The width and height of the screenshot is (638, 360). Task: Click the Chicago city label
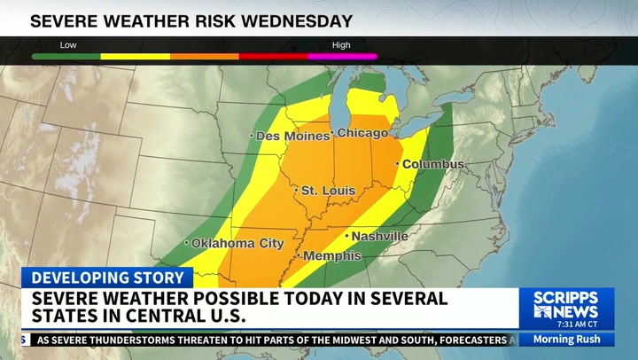point(362,134)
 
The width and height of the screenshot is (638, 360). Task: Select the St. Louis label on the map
point(328,191)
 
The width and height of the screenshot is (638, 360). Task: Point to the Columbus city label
point(433,165)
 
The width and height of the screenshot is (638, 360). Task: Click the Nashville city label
point(379,237)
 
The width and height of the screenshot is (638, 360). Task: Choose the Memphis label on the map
point(331,256)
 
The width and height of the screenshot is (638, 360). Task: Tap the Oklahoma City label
point(237,243)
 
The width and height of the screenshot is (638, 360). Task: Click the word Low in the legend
point(68,45)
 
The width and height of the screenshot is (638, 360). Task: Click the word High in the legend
point(341,45)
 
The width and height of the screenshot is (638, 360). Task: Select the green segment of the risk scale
point(66,57)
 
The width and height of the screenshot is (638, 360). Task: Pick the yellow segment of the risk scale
point(136,57)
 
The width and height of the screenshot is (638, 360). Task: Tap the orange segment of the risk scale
point(205,57)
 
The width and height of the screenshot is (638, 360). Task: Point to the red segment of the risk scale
point(274,57)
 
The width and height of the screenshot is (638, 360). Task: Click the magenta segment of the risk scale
point(343,57)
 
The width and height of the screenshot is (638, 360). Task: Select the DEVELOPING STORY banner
point(106,278)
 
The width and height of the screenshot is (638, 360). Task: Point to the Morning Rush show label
point(566,340)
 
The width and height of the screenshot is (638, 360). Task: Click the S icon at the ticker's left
point(26,340)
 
